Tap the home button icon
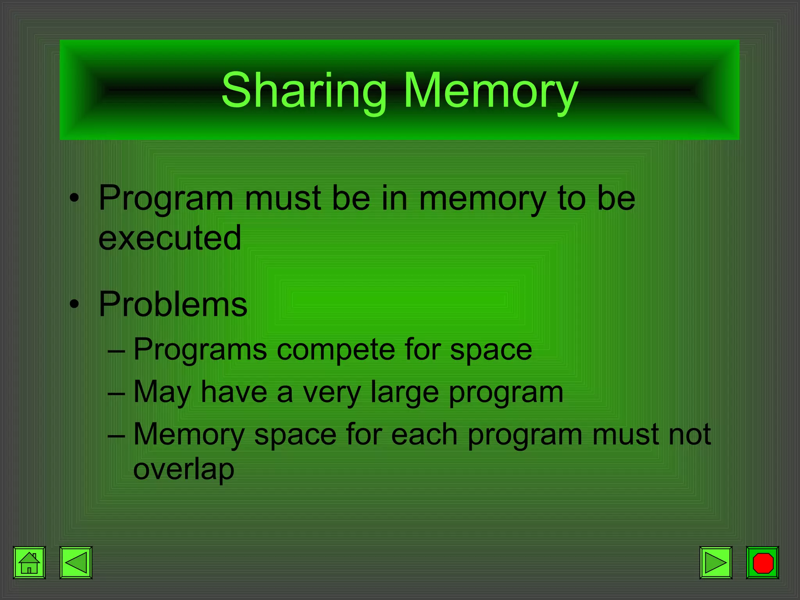[29, 562]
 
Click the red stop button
[762, 562]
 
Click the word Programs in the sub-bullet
[200, 349]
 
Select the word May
[162, 392]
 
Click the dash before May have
[116, 393]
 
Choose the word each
[424, 434]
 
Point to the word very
[332, 392]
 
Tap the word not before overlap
[689, 434]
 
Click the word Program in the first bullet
[166, 198]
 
